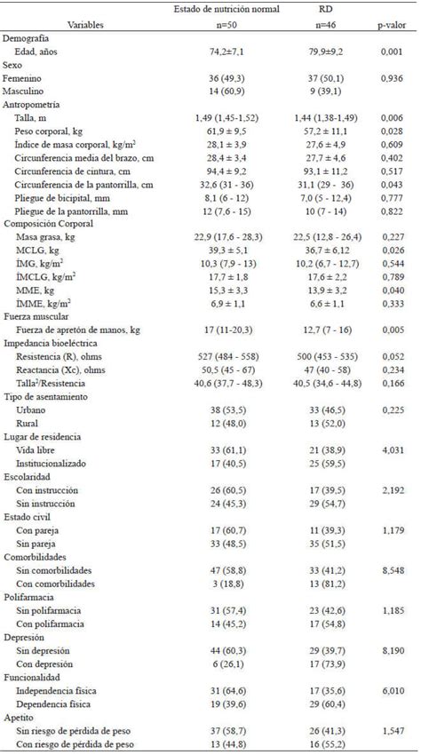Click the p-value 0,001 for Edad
390,52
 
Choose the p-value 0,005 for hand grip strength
390,330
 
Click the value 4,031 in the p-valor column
390,449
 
